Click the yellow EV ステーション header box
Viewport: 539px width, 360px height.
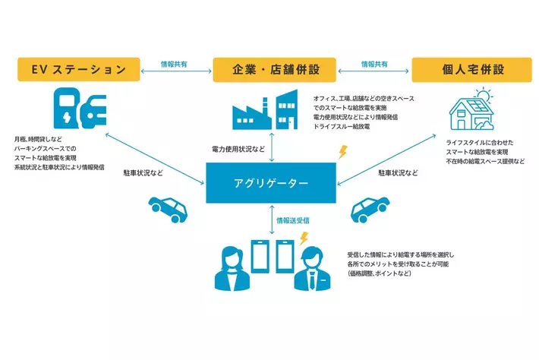click(78, 71)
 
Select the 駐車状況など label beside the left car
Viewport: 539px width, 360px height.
click(144, 173)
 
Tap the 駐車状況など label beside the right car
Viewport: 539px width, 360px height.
click(399, 173)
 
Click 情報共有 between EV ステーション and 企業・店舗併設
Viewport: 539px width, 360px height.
click(176, 64)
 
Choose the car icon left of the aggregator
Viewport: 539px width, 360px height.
click(166, 207)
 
